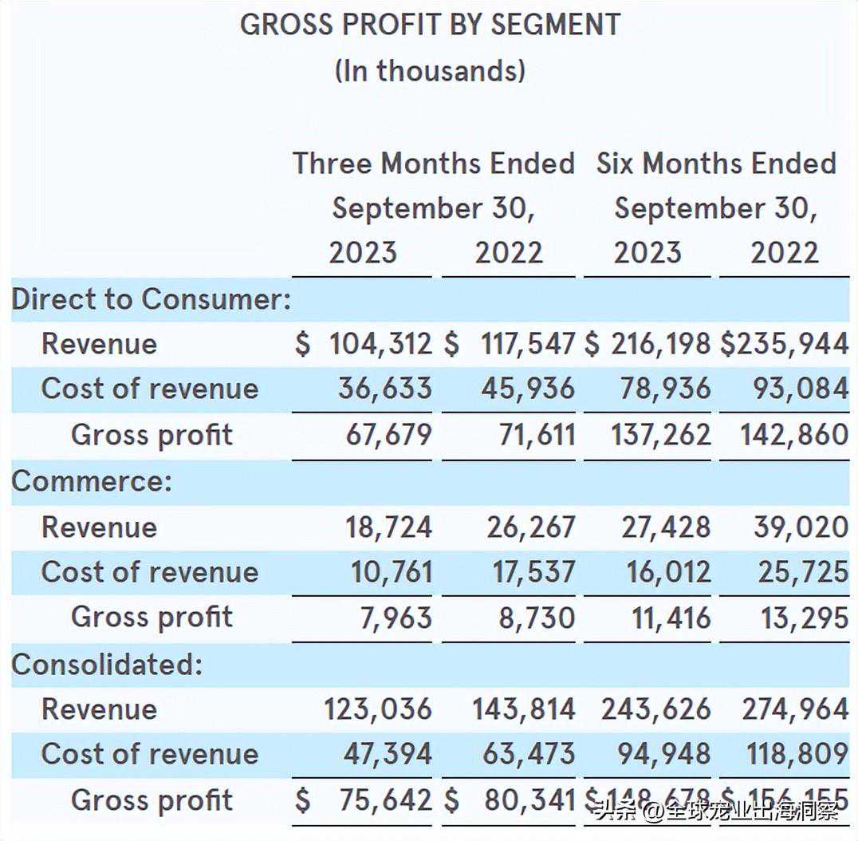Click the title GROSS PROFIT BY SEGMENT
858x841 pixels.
click(x=430, y=25)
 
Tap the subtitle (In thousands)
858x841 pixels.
click(x=430, y=70)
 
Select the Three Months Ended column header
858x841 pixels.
click(x=433, y=163)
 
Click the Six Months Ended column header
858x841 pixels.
click(x=716, y=163)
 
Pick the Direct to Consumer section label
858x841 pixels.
click(x=151, y=299)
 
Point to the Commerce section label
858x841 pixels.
click(x=92, y=481)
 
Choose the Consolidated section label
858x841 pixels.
click(x=107, y=664)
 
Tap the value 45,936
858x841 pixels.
click(x=527, y=389)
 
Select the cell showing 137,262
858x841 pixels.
click(x=660, y=435)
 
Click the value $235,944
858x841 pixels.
click(x=785, y=344)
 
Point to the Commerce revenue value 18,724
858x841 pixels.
click(x=388, y=527)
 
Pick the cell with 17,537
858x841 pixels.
click(x=533, y=572)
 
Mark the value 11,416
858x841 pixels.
click(x=671, y=618)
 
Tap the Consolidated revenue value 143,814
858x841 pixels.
click(x=523, y=709)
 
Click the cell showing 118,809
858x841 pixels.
click(x=797, y=754)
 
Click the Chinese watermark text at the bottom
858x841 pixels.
click(x=718, y=812)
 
